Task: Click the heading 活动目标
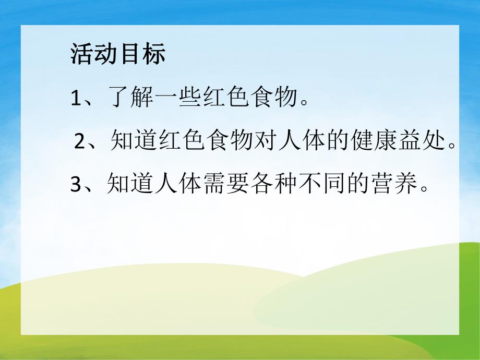[x=117, y=54]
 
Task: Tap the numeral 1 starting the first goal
[x=76, y=99]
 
